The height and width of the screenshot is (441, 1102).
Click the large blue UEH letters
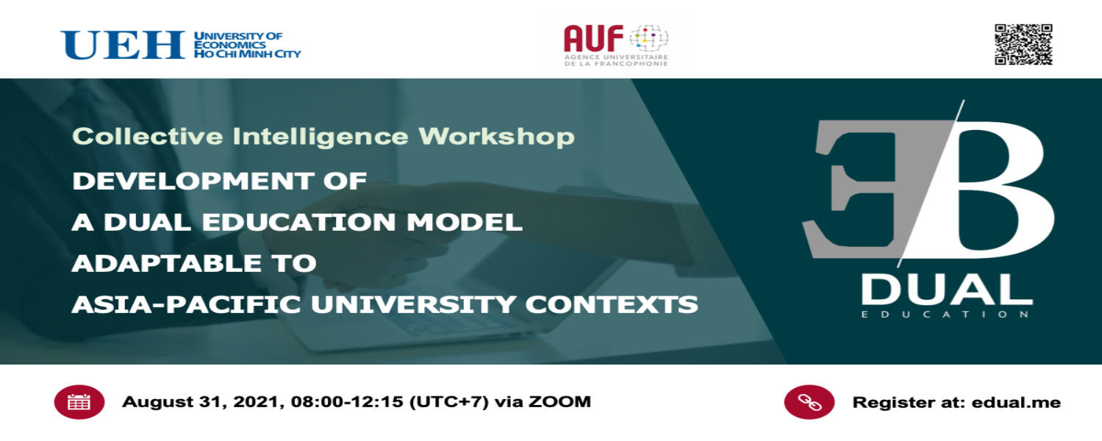click(122, 45)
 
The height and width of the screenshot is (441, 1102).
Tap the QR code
click(1023, 44)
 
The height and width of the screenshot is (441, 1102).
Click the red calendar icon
click(79, 402)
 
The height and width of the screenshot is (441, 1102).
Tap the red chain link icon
click(809, 402)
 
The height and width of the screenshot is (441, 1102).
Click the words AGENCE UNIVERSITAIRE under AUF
click(616, 57)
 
